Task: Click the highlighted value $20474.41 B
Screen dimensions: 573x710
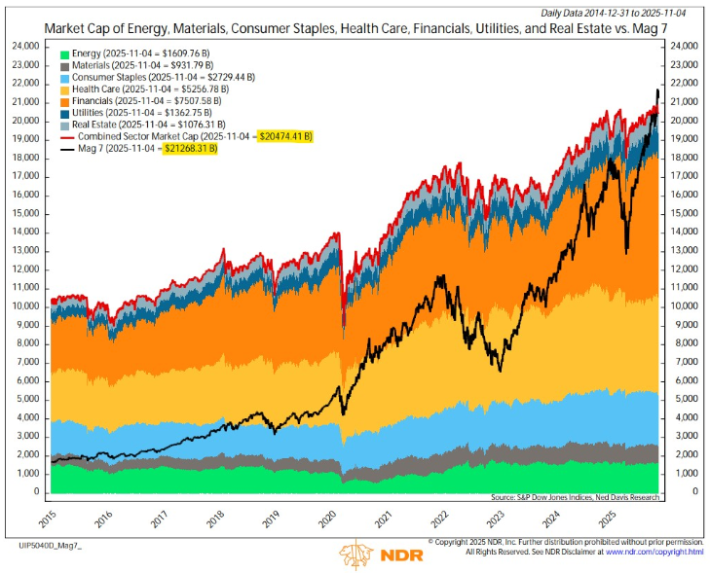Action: (285, 138)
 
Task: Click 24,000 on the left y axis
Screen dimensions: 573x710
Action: (24, 46)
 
